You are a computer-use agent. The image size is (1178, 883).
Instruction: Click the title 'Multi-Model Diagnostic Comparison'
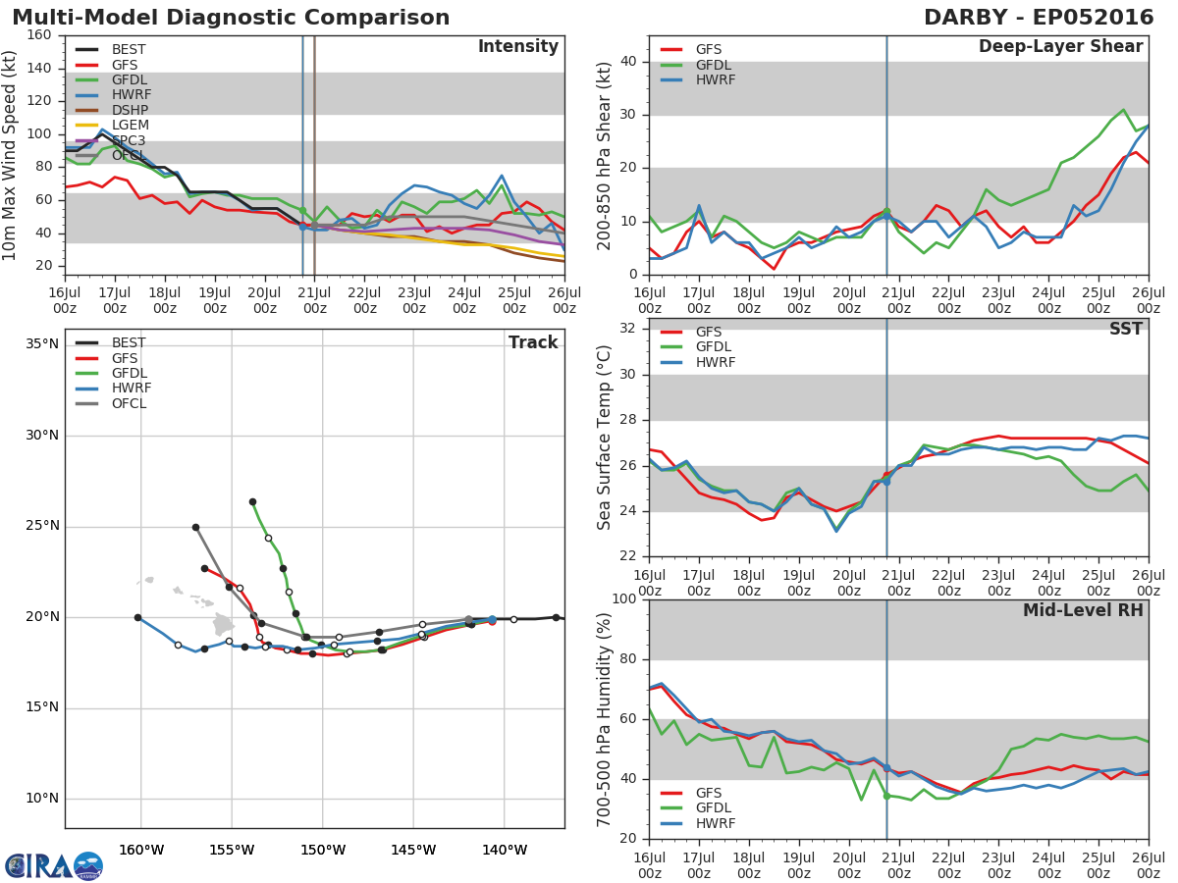tap(231, 18)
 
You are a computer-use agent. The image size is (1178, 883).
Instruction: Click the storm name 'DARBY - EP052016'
tap(1039, 18)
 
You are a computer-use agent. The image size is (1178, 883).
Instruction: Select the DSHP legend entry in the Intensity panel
tap(112, 110)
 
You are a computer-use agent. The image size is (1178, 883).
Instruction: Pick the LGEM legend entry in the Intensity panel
tap(112, 125)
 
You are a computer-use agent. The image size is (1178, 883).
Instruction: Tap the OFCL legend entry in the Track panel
tap(111, 403)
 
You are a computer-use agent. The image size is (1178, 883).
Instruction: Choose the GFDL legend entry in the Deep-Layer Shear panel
tap(696, 65)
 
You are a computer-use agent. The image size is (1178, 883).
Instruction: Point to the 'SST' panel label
tap(1126, 329)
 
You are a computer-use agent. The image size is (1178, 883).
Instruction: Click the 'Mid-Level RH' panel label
tap(1083, 610)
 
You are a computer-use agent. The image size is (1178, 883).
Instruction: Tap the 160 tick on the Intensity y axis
tap(39, 35)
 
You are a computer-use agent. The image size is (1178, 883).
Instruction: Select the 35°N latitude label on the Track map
tap(42, 343)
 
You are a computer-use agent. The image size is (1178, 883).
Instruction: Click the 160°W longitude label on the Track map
tap(141, 850)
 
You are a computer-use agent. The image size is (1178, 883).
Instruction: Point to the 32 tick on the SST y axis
tap(628, 328)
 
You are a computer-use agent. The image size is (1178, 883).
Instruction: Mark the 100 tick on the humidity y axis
tap(624, 598)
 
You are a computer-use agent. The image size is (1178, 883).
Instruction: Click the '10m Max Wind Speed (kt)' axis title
tap(9, 155)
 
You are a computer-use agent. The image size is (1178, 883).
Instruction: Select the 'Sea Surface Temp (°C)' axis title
tap(603, 438)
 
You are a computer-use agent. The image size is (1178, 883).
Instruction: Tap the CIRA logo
tap(54, 866)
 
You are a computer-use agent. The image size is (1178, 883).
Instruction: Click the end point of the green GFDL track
tap(252, 501)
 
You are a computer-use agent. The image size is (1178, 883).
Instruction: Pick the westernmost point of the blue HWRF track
tap(138, 618)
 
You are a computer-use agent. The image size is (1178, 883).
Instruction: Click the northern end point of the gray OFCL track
tap(196, 528)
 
